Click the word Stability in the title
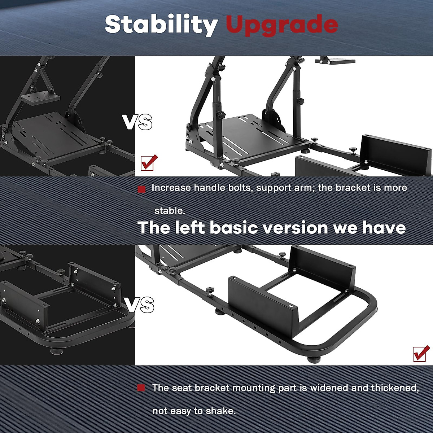tap(161, 25)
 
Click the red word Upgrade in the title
tap(282, 25)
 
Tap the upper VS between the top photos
tap(137, 122)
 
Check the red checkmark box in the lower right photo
tap(421, 353)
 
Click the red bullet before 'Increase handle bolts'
tap(142, 189)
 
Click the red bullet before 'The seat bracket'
tap(141, 388)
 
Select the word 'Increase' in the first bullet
tap(171, 188)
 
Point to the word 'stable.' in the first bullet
tap(170, 211)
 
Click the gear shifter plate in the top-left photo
tap(40, 98)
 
